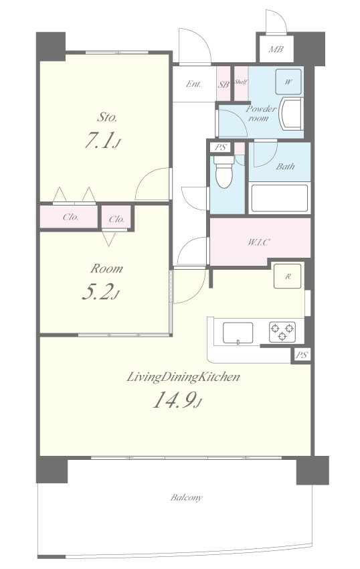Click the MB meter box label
pos(276,49)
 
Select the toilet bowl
pos(223,171)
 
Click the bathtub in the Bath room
pos(279,197)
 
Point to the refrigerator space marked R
pos(288,276)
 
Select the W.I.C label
pos(259,242)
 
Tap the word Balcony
pos(187,497)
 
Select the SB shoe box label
pos(223,84)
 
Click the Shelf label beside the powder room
pos(241,82)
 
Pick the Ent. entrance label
pos(193,84)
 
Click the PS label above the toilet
pos(220,147)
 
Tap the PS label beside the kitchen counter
pos(302,355)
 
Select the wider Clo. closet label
pos(71,218)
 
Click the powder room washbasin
pos(291,113)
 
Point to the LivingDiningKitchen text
pos(183,378)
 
